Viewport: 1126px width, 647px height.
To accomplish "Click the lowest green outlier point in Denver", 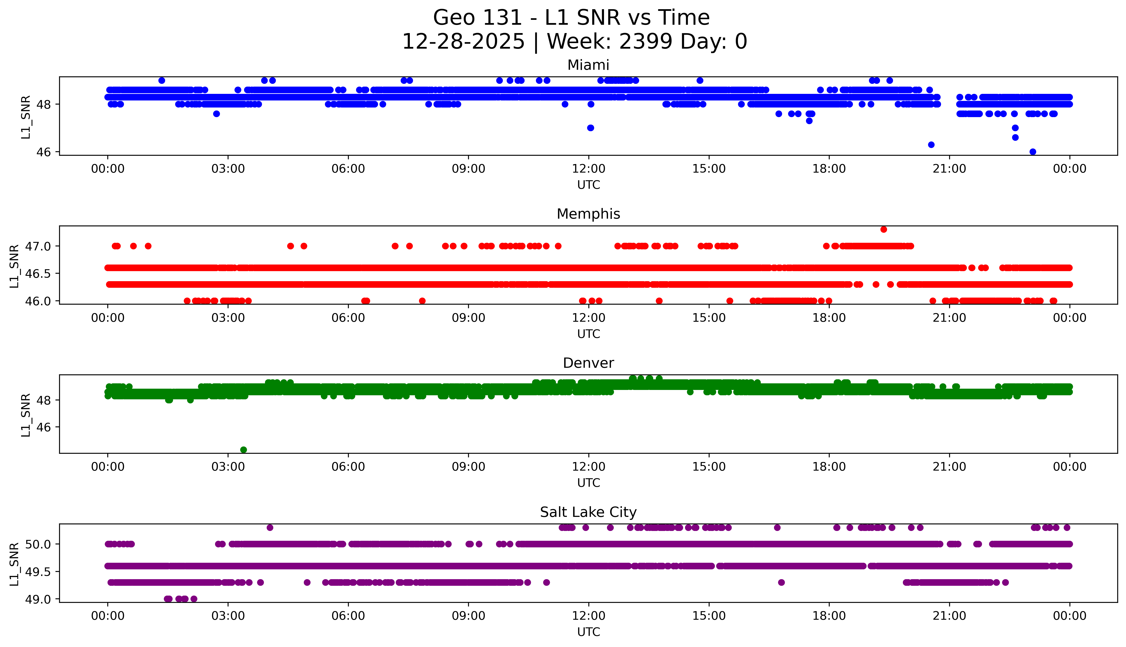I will (x=243, y=450).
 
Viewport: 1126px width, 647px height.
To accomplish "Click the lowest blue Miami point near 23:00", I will (x=1033, y=151).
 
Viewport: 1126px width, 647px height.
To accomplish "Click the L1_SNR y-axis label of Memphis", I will (x=14, y=266).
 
